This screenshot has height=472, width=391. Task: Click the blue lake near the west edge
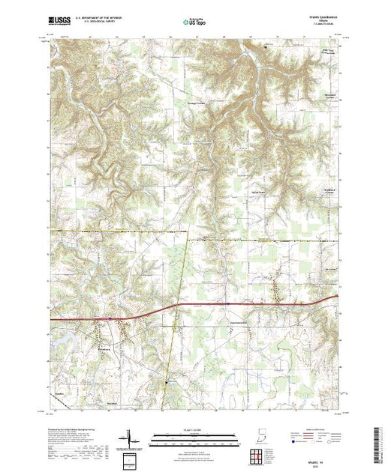click(58, 339)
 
